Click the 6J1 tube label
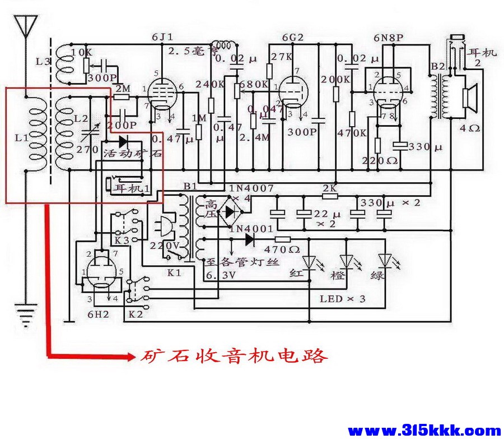(162, 37)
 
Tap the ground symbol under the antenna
(25, 314)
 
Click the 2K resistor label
(329, 188)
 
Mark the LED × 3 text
(342, 299)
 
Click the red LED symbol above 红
(310, 261)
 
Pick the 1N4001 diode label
(251, 229)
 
